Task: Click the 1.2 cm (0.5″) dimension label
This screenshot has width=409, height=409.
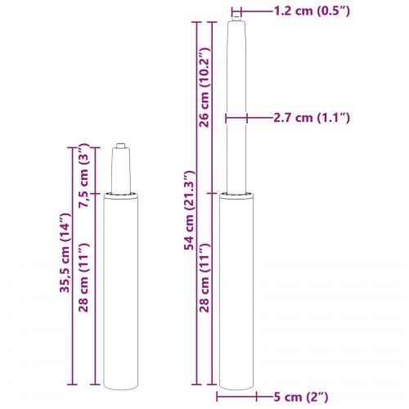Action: click(312, 11)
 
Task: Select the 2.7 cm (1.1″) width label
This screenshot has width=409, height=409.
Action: click(312, 118)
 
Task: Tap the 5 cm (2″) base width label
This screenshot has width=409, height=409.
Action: click(301, 397)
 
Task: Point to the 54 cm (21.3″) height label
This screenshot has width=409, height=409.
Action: click(189, 210)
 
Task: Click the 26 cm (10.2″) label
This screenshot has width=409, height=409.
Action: click(204, 88)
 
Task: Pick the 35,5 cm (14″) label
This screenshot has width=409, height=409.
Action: click(65, 253)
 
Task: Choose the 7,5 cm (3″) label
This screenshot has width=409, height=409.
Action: click(83, 175)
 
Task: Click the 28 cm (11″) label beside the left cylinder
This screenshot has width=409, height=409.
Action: click(83, 277)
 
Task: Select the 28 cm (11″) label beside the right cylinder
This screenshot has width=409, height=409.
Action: click(204, 277)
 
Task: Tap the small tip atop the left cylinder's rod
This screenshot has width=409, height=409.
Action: click(120, 146)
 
